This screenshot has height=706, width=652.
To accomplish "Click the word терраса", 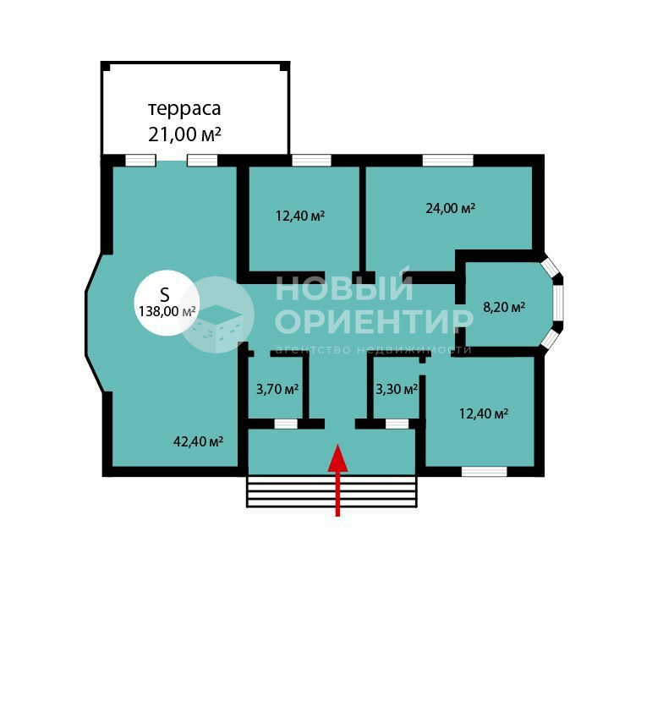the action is (184, 109).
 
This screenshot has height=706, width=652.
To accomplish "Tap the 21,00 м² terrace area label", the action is (184, 134).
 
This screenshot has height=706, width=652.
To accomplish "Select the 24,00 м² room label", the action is (450, 209).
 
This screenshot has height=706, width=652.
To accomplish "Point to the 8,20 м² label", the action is (504, 308).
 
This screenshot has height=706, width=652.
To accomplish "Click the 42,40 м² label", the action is (199, 441).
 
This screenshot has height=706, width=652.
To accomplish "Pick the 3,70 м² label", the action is (277, 389).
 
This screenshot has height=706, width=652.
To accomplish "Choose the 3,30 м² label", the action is (397, 389).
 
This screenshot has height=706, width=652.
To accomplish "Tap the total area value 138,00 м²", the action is (167, 312).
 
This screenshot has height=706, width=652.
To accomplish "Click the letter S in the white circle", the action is (165, 294).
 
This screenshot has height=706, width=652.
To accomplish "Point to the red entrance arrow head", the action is (337, 458).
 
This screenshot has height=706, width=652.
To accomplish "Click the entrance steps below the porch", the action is (331, 491).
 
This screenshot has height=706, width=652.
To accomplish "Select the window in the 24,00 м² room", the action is (448, 161).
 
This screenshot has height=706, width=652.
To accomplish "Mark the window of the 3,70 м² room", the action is (287, 424).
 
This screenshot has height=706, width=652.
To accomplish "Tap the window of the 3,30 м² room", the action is (397, 424).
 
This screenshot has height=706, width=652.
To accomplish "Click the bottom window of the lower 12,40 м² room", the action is (485, 472).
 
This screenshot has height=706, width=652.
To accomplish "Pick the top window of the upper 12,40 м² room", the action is (311, 161).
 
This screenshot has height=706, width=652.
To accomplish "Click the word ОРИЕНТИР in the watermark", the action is (374, 321).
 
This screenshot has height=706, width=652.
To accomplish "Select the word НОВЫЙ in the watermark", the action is (344, 287).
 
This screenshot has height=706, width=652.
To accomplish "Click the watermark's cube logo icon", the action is (216, 315).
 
